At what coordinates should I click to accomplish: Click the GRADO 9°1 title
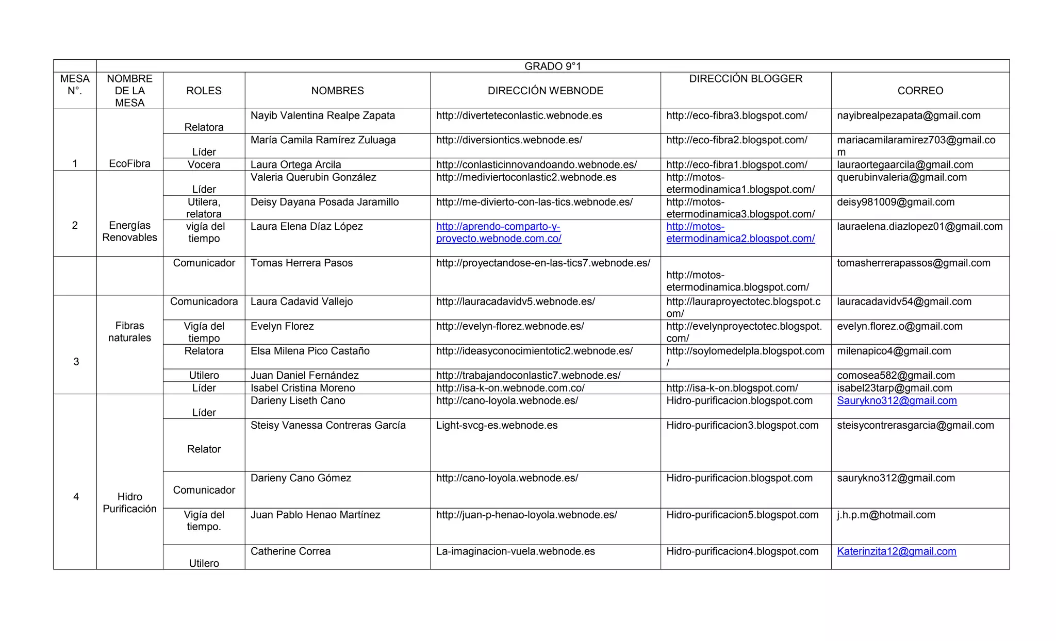pos(552,66)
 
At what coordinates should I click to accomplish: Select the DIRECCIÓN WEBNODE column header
pos(545,91)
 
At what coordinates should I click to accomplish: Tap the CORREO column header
pos(920,91)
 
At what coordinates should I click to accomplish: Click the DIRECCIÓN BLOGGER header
pos(746,79)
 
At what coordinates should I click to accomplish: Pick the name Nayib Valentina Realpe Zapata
pos(323,115)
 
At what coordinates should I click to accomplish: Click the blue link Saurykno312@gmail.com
pos(897,401)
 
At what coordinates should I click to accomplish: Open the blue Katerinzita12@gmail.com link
pos(896,551)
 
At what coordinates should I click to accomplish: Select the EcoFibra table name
pos(129,164)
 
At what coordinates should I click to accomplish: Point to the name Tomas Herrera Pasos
pos(302,263)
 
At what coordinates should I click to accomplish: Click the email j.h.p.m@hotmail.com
pos(886,515)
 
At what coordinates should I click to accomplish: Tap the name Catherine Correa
pos(290,551)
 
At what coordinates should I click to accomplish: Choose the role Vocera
pos(204,164)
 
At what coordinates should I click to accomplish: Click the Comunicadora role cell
pos(204,301)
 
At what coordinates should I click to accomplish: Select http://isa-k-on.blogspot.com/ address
pos(732,388)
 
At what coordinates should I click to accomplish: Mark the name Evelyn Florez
pos(282,326)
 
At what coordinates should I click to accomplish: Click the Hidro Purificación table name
pos(129,502)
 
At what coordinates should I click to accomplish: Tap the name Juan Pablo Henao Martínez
pos(315,515)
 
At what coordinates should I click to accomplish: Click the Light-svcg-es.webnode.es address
pos(497,425)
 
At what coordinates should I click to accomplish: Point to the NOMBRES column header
pos(337,91)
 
